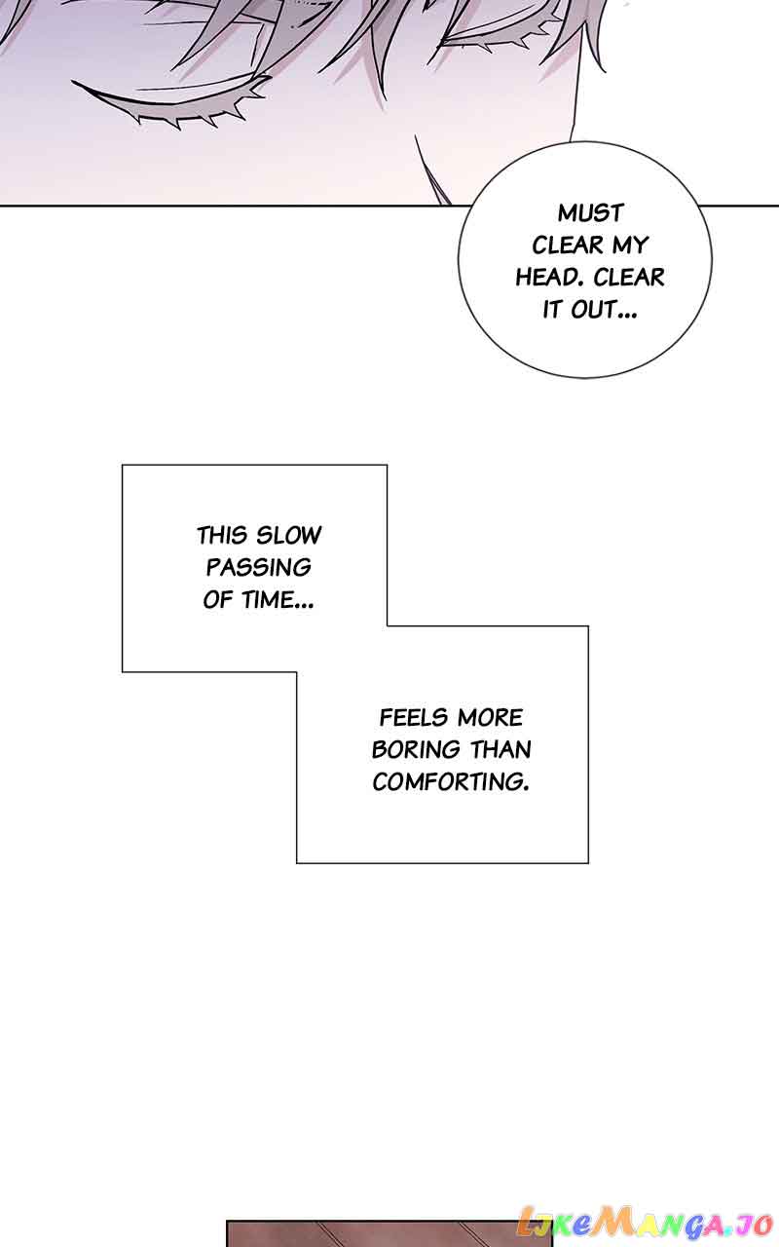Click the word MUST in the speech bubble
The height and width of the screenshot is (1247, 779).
pyautogui.click(x=590, y=212)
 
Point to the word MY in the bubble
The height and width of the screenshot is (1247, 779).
pyautogui.click(x=630, y=246)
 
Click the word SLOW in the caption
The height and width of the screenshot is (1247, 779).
pyautogui.click(x=289, y=535)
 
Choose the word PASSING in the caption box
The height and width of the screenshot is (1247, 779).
pyautogui.click(x=258, y=567)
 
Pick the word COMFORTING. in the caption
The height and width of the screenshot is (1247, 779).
pyautogui.click(x=451, y=782)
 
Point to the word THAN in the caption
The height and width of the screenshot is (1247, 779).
pyautogui.click(x=501, y=750)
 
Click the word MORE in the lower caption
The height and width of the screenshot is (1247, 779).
pyautogui.click(x=490, y=718)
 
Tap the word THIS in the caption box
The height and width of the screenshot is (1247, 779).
pyautogui.click(x=224, y=535)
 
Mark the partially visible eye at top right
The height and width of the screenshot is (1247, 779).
pyautogui.click(x=487, y=39)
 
